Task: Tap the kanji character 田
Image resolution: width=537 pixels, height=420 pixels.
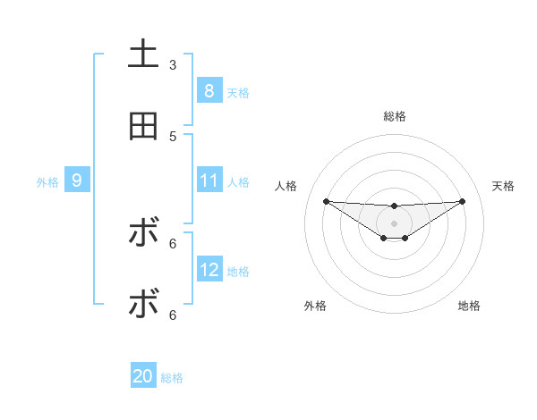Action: (x=143, y=126)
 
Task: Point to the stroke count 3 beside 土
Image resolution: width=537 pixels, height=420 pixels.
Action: (x=173, y=65)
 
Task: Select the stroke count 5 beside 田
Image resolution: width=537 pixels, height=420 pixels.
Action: (x=173, y=136)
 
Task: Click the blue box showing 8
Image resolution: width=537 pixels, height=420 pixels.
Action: (x=209, y=91)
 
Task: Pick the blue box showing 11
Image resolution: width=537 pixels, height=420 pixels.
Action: (x=209, y=181)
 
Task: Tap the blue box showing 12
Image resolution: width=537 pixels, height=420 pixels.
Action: (x=209, y=270)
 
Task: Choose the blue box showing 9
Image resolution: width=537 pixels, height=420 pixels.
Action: (x=77, y=181)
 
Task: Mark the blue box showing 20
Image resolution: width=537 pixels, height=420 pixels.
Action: (x=143, y=377)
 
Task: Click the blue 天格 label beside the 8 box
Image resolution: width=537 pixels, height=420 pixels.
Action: (x=238, y=93)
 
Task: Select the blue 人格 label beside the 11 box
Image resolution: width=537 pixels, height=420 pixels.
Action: (x=238, y=182)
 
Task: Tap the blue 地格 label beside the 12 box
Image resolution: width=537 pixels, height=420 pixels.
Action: (x=238, y=272)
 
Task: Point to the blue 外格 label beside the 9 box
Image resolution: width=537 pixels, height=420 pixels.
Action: (x=47, y=182)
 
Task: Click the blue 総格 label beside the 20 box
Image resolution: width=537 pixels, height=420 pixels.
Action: (x=172, y=378)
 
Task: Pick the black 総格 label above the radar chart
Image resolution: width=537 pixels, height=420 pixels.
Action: (x=395, y=116)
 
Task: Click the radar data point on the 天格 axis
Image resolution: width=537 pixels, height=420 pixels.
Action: (x=463, y=201)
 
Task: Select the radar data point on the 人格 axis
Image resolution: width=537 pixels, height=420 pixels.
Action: (x=326, y=201)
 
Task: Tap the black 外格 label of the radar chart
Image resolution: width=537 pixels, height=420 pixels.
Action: (x=315, y=306)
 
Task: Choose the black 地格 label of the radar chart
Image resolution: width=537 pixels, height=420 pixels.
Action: (x=469, y=306)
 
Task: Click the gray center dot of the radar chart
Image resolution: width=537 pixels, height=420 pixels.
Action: (x=395, y=223)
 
